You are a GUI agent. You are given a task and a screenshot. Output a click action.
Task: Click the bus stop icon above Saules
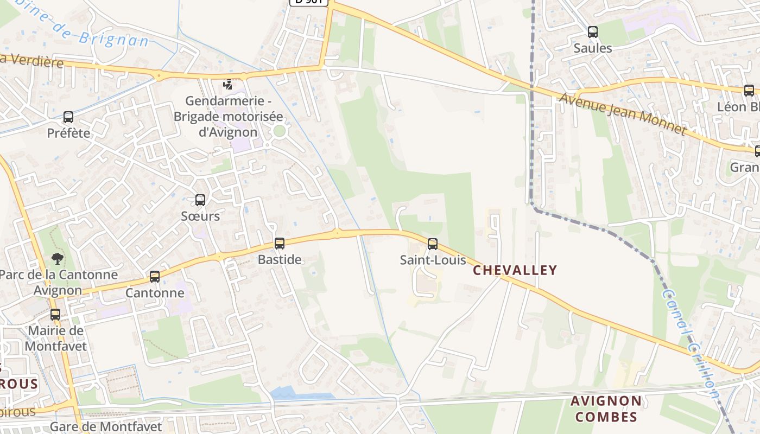pyautogui.click(x=592, y=32)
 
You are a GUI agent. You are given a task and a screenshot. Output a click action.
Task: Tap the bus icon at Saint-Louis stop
pyautogui.click(x=432, y=244)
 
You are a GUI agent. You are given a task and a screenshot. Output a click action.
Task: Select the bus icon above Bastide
pyautogui.click(x=279, y=244)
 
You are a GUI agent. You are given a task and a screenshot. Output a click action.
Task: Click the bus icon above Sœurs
pyautogui.click(x=200, y=200)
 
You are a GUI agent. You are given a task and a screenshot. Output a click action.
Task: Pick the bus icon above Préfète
pyautogui.click(x=68, y=117)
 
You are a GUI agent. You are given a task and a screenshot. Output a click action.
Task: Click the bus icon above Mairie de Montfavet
pyautogui.click(x=55, y=315)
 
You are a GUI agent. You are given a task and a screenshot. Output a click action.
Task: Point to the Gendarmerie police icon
pyautogui.click(x=229, y=85)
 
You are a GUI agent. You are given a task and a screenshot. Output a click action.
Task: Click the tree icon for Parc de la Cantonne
pyautogui.click(x=57, y=258)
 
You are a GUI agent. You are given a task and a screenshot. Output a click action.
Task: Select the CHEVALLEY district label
pyautogui.click(x=515, y=270)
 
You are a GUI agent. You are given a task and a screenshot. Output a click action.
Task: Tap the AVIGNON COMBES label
pyautogui.click(x=606, y=409)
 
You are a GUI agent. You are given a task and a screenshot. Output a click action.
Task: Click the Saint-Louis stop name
pyautogui.click(x=433, y=260)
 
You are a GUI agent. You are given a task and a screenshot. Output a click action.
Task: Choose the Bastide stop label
pyautogui.click(x=279, y=259)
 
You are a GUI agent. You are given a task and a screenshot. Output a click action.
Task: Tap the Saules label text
pyautogui.click(x=593, y=48)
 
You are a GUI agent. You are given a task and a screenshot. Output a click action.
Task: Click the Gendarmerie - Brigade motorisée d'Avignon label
pyautogui.click(x=228, y=116)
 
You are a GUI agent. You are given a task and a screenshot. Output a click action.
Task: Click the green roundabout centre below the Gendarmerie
pyautogui.click(x=279, y=131)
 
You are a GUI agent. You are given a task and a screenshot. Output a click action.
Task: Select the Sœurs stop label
pyautogui.click(x=200, y=216)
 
